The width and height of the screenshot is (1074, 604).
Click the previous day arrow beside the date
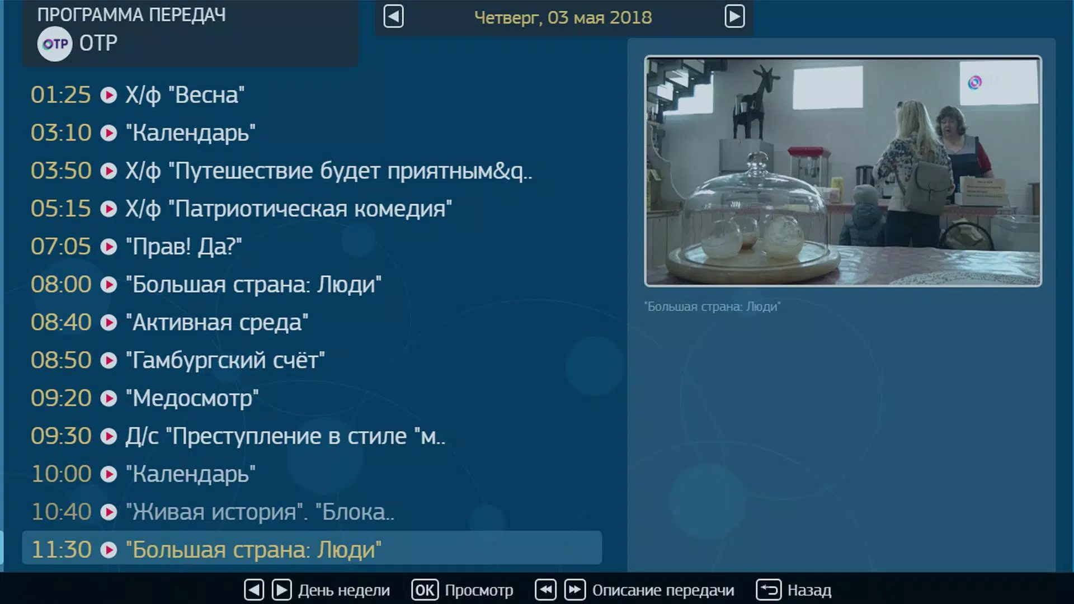click(393, 17)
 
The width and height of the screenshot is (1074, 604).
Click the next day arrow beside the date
click(734, 17)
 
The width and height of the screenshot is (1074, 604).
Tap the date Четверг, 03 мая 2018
click(563, 17)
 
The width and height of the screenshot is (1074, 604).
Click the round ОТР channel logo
click(55, 44)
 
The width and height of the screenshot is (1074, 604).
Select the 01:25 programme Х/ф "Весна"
click(185, 95)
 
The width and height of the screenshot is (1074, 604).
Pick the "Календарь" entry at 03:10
click(191, 133)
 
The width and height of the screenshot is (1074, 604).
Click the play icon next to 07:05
click(109, 247)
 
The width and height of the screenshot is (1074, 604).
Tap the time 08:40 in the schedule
click(61, 323)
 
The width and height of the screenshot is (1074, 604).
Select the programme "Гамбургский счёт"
click(225, 361)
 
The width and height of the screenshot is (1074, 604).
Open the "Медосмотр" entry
click(192, 398)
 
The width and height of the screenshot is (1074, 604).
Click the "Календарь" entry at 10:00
click(191, 474)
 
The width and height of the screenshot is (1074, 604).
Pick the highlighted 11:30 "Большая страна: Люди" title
click(254, 550)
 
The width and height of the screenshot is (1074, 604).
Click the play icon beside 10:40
click(109, 512)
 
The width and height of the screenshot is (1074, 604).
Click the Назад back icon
click(769, 590)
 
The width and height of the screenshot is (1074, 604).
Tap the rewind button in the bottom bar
click(545, 590)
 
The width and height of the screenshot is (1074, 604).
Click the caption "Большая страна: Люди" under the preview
click(712, 306)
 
